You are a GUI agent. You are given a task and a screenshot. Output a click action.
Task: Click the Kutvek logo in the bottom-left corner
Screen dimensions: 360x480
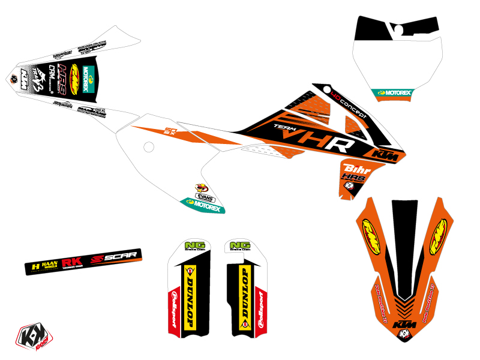(x=30, y=338)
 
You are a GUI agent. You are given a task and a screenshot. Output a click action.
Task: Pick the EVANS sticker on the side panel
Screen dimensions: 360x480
(x=204, y=196)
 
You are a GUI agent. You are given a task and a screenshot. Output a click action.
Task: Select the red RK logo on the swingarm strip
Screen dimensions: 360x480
(x=76, y=262)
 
